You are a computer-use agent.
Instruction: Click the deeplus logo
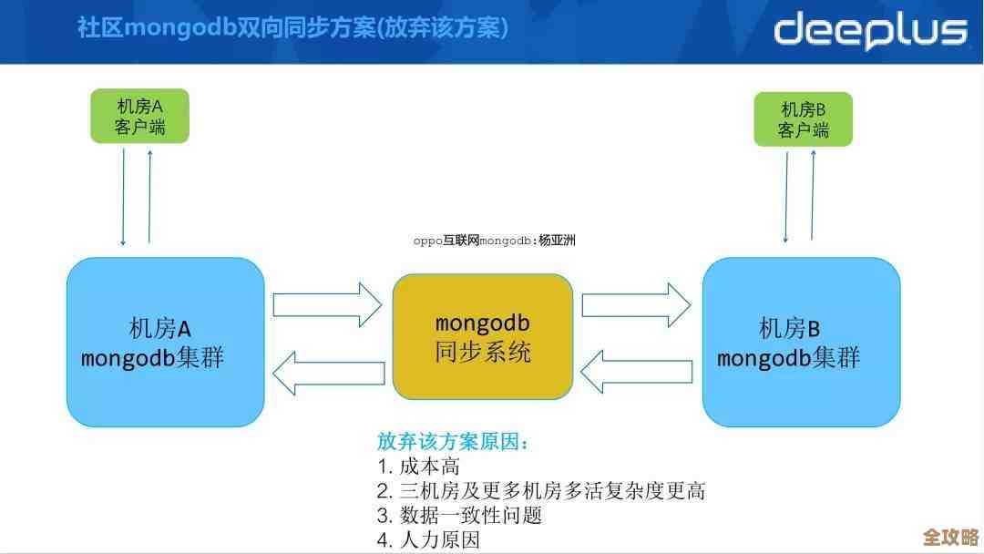[869, 30]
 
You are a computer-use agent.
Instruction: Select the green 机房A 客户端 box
[139, 116]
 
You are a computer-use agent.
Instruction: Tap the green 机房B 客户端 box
[803, 119]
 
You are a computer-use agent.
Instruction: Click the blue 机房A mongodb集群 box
[165, 342]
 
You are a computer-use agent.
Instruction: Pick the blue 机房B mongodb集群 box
[801, 342]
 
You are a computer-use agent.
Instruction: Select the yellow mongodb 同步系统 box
[482, 337]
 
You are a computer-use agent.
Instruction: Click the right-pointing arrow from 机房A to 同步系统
[327, 304]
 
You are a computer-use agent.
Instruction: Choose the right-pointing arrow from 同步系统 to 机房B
[636, 304]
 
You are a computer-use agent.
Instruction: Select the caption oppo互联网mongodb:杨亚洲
[494, 241]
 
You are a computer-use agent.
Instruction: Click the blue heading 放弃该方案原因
[453, 442]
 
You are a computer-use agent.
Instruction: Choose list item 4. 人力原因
[428, 539]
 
